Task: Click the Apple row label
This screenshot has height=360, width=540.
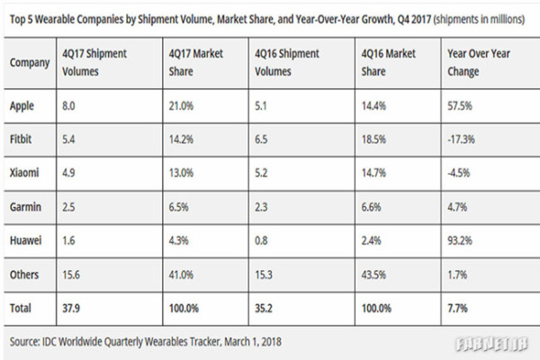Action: click(x=22, y=106)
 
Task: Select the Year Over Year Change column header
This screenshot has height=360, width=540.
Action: click(x=479, y=62)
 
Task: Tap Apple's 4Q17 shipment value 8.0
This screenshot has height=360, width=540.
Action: click(x=68, y=106)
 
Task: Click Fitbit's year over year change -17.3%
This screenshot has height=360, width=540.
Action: click(x=461, y=139)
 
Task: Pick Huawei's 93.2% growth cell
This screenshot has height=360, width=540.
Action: click(x=459, y=240)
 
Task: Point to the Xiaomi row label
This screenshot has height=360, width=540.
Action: click(x=24, y=172)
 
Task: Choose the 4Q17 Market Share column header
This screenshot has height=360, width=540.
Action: click(x=195, y=62)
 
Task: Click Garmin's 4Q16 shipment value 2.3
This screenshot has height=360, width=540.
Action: click(x=261, y=207)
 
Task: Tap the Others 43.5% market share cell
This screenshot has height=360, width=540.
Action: click(x=373, y=274)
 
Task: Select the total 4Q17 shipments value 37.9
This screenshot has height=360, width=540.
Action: click(x=71, y=308)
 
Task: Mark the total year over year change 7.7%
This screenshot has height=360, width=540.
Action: click(x=457, y=308)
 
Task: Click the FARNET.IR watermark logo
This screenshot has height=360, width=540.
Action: click(x=491, y=344)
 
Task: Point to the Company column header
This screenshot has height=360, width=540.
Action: click(x=30, y=63)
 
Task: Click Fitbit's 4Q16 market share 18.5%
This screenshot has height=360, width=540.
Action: click(x=373, y=139)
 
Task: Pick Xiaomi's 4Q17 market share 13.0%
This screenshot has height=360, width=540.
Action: click(x=181, y=172)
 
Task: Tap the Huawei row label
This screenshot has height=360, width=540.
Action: click(x=25, y=240)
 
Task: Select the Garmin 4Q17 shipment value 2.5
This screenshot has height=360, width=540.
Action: click(x=68, y=207)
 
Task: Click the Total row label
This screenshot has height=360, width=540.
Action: click(x=21, y=308)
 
